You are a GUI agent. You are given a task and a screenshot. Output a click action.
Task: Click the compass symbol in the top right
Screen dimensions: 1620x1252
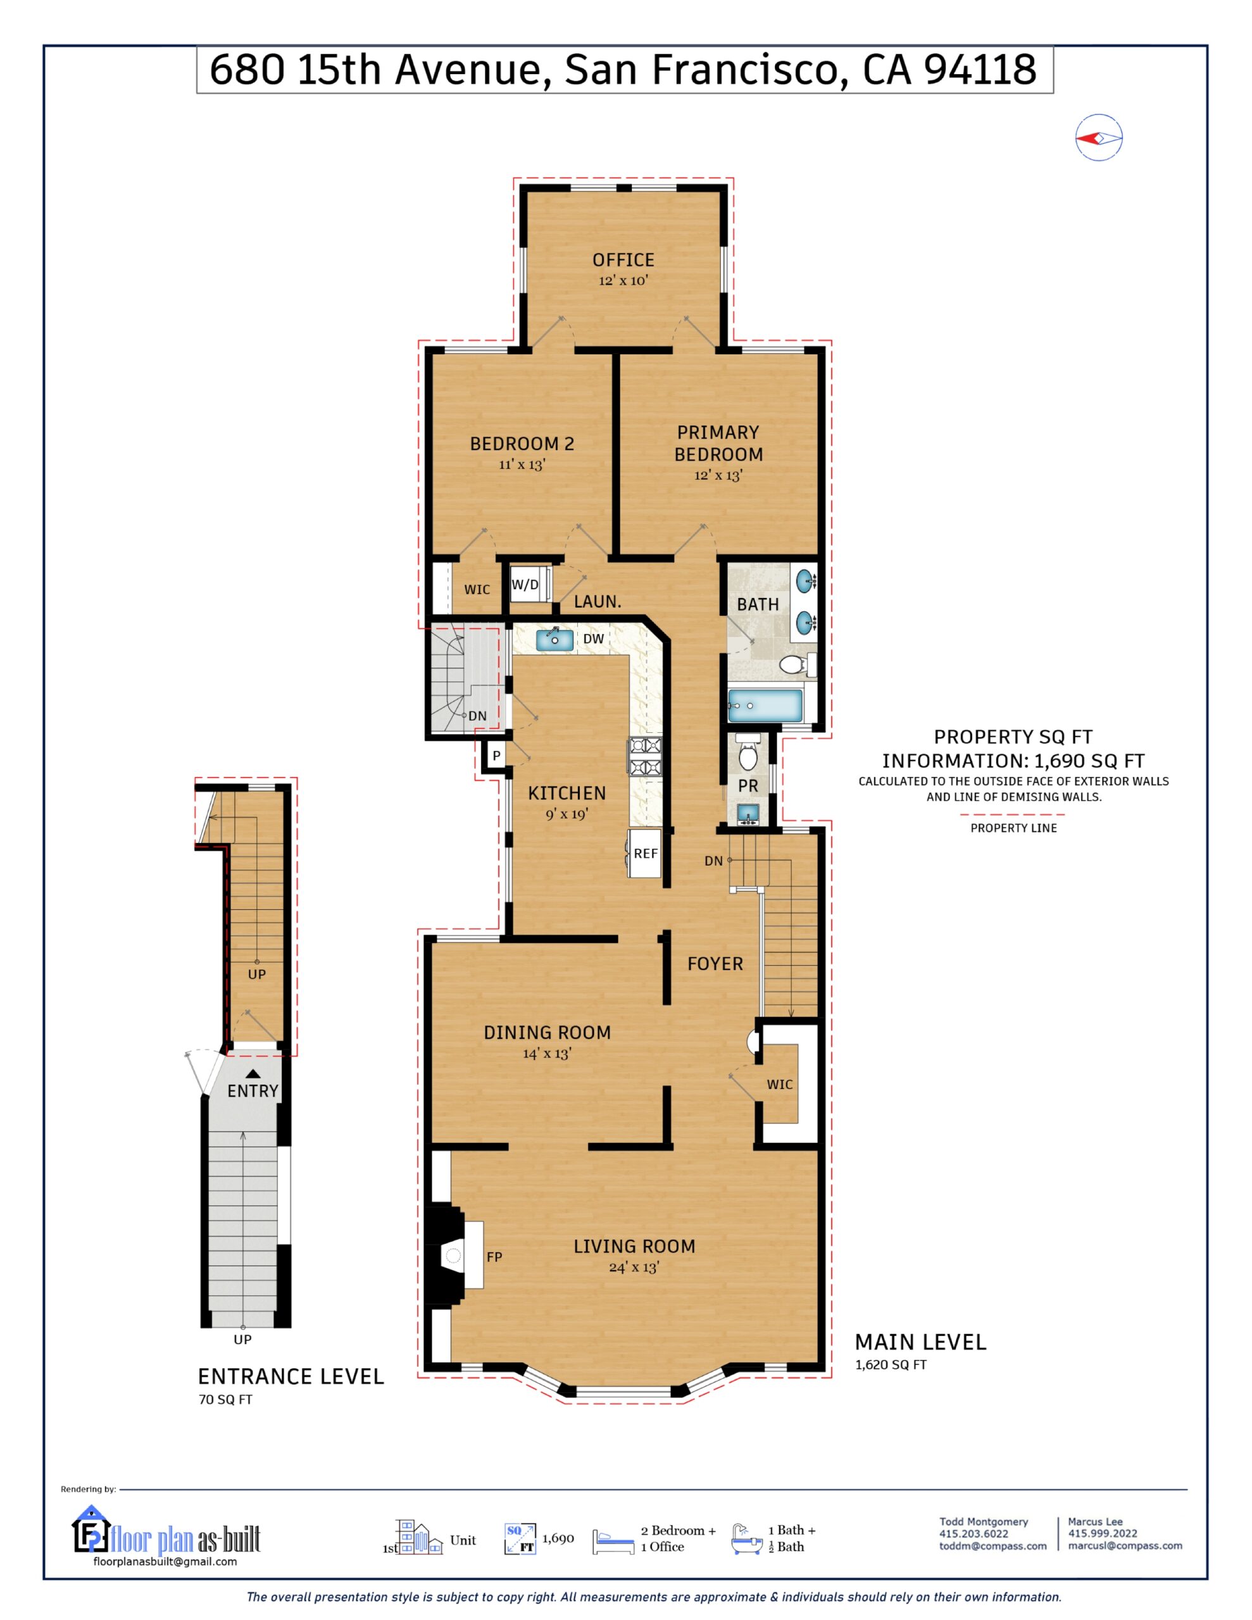click(1098, 138)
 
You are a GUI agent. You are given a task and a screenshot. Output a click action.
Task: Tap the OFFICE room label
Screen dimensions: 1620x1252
click(623, 260)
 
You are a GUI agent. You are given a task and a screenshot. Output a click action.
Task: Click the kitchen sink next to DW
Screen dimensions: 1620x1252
click(554, 639)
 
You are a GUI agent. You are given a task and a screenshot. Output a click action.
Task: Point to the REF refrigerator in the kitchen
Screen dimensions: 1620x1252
click(645, 853)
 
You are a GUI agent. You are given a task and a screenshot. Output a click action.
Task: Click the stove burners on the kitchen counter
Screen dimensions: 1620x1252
click(645, 757)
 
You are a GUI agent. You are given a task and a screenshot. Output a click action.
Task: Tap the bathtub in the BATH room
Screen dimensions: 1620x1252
click(765, 706)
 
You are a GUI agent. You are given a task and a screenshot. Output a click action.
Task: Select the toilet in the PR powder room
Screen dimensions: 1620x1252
click(748, 754)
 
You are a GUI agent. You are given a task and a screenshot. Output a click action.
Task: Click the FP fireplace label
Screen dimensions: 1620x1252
click(494, 1257)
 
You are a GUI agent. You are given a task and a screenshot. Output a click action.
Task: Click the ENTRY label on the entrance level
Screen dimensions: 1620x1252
click(253, 1090)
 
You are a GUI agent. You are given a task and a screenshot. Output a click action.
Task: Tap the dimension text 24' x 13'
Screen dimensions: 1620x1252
click(634, 1267)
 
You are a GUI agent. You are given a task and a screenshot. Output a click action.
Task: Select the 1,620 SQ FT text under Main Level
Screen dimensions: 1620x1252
click(891, 1364)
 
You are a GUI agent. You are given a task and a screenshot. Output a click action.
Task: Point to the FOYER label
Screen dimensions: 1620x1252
click(715, 964)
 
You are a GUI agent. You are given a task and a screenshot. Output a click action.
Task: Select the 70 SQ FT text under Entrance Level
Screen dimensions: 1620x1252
click(225, 1400)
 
